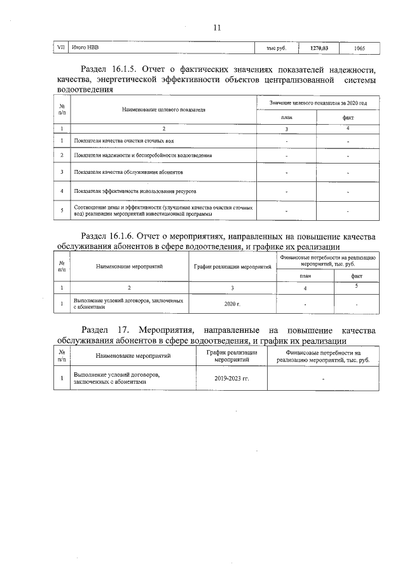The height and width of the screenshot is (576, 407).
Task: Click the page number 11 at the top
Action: [217, 27]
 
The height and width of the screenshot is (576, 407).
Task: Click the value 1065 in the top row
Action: [359, 48]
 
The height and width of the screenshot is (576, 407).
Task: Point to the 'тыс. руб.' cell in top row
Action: [276, 48]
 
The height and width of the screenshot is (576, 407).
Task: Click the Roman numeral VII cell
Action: [61, 48]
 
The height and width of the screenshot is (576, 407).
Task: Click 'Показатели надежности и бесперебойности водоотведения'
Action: [142, 155]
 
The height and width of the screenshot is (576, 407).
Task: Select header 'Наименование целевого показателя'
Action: [163, 109]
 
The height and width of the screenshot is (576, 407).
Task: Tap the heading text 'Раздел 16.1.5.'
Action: [110, 69]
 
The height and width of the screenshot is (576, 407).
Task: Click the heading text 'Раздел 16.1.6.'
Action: [110, 237]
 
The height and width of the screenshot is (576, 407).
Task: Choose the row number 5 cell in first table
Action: [62, 210]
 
